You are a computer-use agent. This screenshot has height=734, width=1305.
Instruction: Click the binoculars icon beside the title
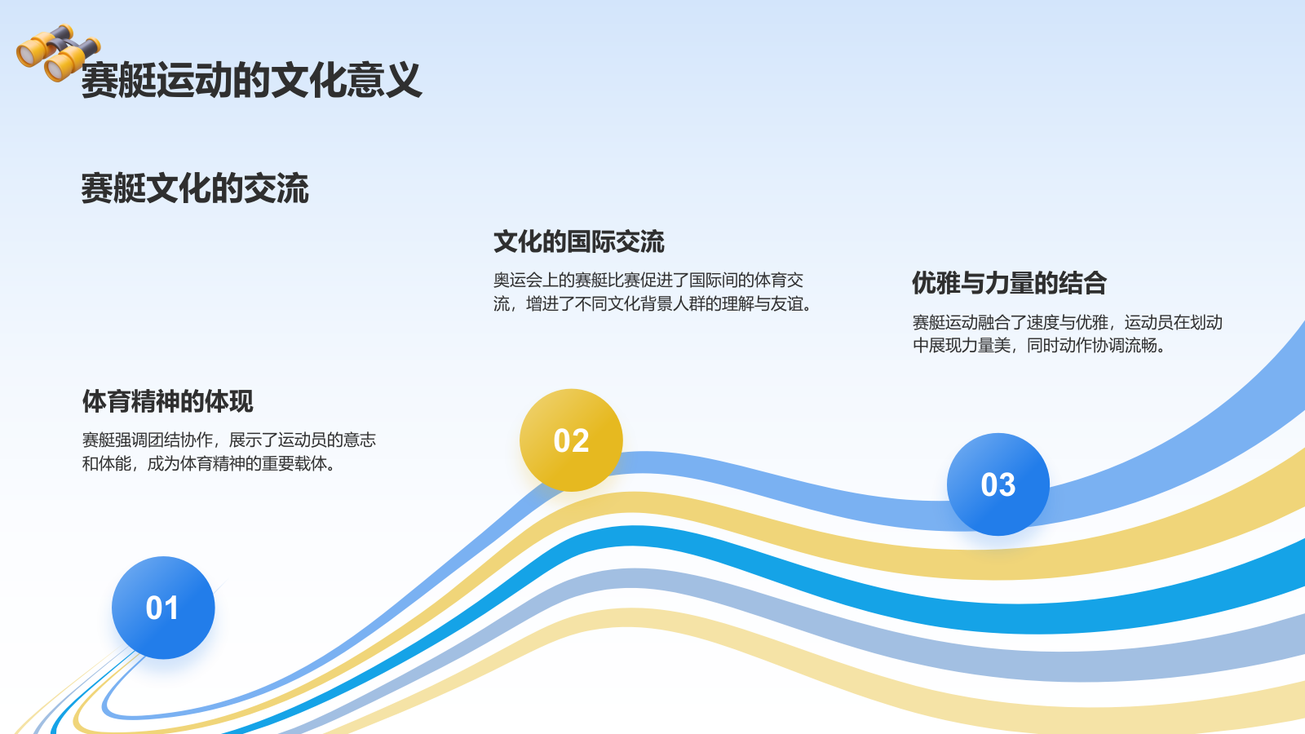click(58, 53)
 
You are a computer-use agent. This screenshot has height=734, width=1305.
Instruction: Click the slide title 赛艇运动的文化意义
click(251, 81)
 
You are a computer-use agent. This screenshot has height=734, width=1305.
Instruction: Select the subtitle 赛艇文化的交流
click(195, 188)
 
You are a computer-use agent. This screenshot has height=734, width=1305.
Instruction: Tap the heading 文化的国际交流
click(578, 242)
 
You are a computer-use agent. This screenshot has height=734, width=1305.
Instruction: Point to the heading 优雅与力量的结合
click(1009, 283)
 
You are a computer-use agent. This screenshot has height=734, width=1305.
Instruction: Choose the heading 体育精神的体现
click(167, 401)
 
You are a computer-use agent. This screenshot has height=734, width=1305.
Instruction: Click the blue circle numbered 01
click(163, 608)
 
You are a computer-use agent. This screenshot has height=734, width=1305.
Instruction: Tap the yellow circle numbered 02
click(571, 440)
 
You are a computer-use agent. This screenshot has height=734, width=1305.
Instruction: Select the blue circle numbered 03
click(998, 484)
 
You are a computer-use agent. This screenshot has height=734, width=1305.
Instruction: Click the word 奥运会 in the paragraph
click(518, 281)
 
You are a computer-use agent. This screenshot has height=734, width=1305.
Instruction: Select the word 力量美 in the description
click(986, 346)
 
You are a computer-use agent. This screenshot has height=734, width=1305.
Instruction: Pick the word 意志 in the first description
click(360, 440)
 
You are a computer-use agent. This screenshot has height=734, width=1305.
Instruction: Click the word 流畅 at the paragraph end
click(1141, 346)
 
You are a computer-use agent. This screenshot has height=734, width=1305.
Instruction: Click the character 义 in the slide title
click(404, 81)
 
